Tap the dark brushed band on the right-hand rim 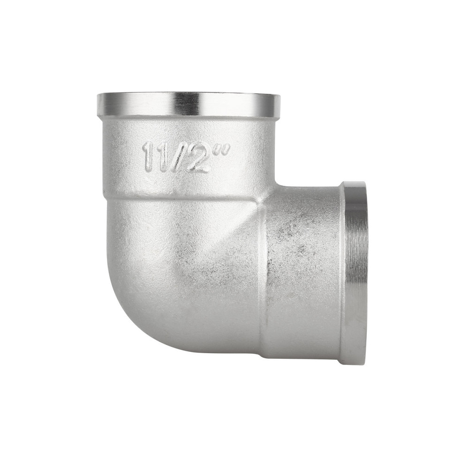pyautogui.click(x=358, y=272)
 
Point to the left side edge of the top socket pyautogui.click(x=100, y=155)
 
